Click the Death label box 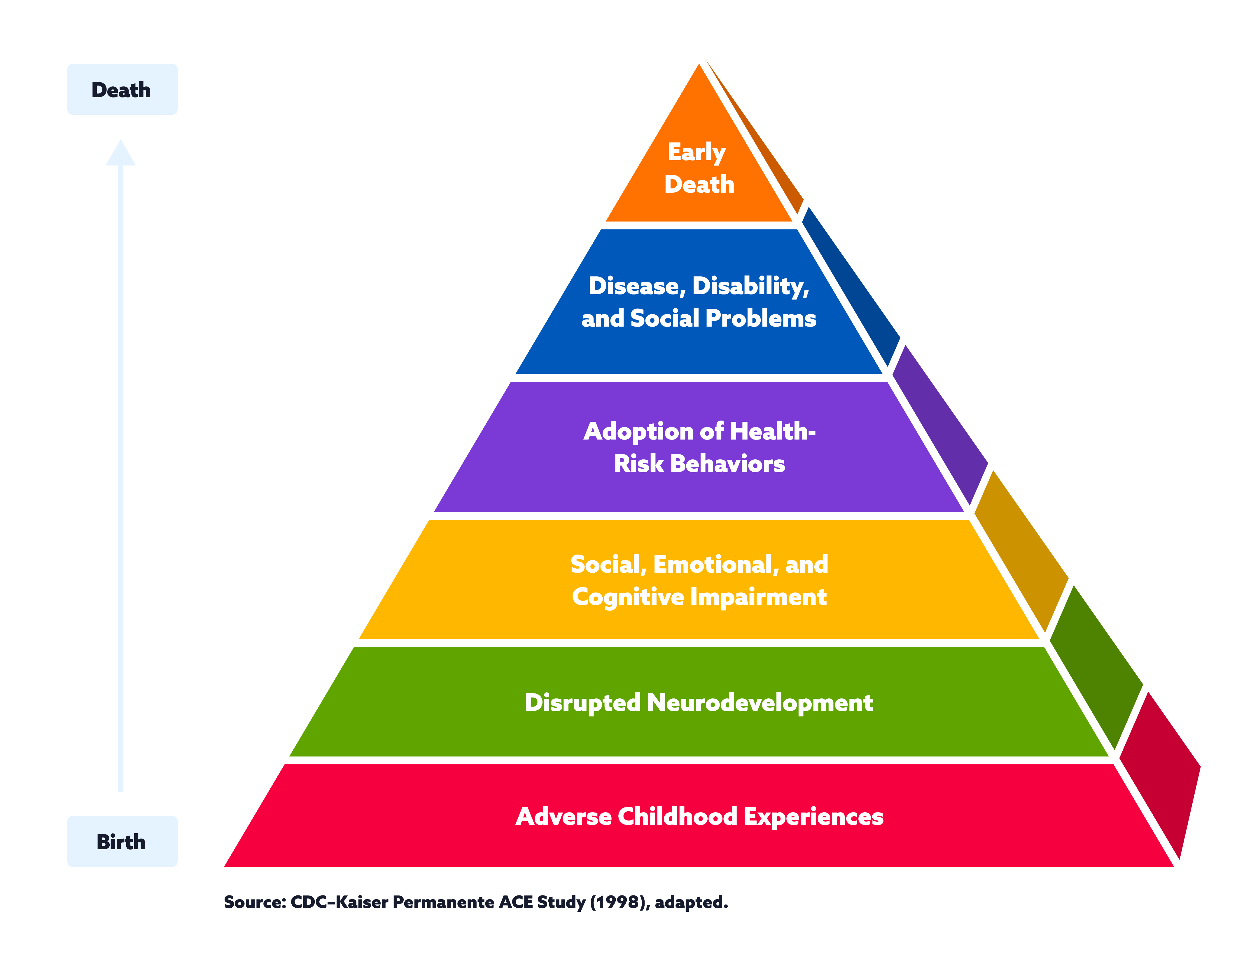pos(122,90)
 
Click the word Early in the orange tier pos(696,152)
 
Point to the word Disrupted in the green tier pos(582,702)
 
